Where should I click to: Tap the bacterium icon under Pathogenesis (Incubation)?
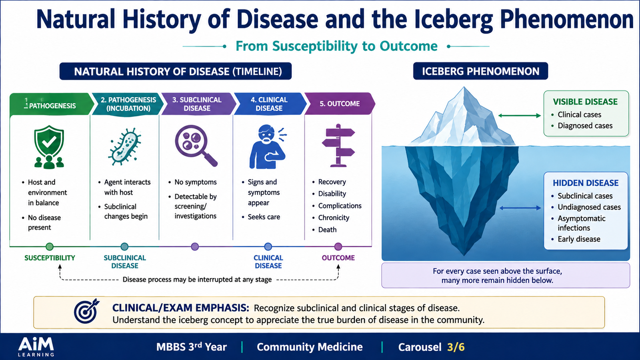[125, 146]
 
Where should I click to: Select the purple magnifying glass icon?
[196, 146]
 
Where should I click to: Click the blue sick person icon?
[268, 146]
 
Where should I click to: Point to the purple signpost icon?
[338, 146]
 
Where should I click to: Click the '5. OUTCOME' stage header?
[340, 104]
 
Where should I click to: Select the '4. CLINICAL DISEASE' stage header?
[269, 104]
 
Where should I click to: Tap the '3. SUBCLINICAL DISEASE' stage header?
[197, 104]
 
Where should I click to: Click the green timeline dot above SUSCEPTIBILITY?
[50, 246]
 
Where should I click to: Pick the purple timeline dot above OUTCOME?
[338, 246]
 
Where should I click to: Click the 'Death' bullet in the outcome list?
[327, 230]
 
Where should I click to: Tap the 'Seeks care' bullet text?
[264, 217]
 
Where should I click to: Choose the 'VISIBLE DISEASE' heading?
[585, 102]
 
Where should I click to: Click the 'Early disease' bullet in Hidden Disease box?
[579, 239]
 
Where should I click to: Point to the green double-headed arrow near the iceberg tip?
[520, 116]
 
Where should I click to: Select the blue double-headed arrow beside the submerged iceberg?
[520, 208]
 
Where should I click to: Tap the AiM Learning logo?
[36, 346]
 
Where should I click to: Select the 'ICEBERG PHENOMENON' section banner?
[480, 71]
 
